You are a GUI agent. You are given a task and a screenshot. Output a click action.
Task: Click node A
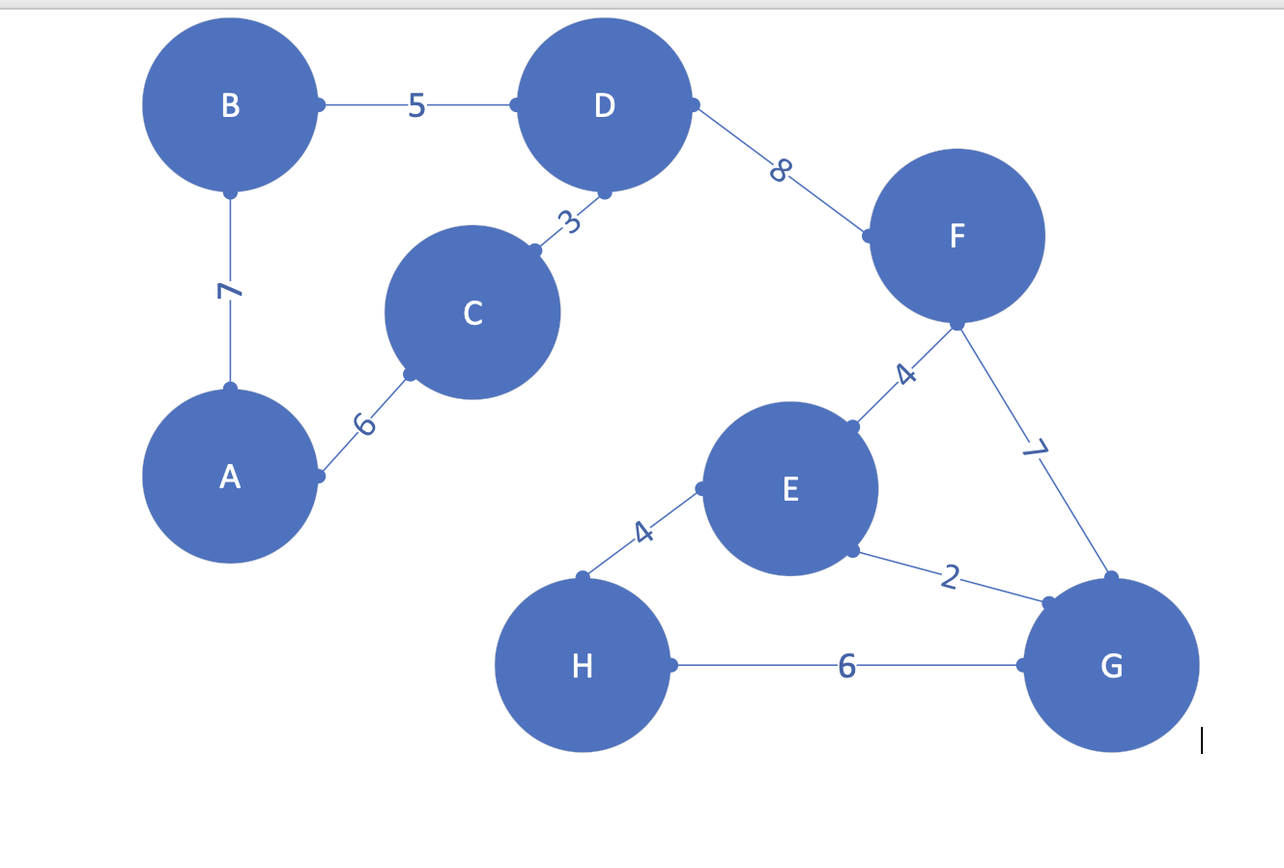tap(230, 477)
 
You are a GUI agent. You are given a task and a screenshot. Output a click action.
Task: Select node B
tap(230, 104)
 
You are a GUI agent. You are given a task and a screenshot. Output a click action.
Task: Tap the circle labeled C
tap(472, 312)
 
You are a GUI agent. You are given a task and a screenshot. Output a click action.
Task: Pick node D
tap(605, 104)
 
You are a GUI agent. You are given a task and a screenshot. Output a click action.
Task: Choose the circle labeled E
tap(790, 489)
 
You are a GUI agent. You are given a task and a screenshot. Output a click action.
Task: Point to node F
tap(957, 236)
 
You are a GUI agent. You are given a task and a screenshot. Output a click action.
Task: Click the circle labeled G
tap(1111, 665)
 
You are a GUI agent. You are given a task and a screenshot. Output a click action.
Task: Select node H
tap(583, 665)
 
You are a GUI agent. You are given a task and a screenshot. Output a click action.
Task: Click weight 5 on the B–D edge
tap(416, 105)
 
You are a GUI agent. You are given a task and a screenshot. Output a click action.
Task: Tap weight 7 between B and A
tap(228, 290)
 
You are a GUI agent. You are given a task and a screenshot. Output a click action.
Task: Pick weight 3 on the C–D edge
tap(570, 222)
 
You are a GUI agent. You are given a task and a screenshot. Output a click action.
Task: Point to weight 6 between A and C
tap(364, 424)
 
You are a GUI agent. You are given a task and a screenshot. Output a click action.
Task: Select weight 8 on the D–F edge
tap(781, 169)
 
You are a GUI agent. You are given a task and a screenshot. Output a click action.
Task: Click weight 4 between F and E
tap(905, 373)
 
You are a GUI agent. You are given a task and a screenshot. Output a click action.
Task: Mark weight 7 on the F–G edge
tap(1036, 448)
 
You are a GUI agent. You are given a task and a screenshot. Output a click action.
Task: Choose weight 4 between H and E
tap(643, 532)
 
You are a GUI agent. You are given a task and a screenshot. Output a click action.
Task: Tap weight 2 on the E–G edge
tap(951, 577)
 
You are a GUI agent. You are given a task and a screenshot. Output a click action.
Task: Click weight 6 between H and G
tap(846, 666)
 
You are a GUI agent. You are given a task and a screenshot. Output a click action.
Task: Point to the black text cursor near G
tap(1202, 740)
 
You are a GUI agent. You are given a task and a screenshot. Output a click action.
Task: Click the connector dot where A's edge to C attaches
tap(319, 476)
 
